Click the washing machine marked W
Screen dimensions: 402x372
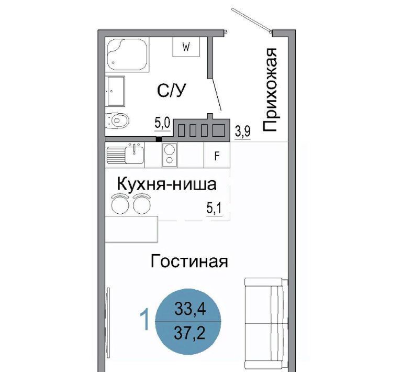(186, 47)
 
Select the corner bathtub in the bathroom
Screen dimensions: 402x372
(127, 54)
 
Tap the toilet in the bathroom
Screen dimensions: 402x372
(117, 121)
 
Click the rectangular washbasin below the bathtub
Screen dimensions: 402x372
(115, 91)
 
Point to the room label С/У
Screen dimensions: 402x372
(171, 90)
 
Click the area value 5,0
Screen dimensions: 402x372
(162, 124)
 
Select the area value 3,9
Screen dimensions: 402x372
(242, 132)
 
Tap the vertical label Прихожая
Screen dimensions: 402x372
(270, 90)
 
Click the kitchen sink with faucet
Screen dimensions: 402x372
(125, 155)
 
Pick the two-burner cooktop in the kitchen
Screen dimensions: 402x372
(169, 155)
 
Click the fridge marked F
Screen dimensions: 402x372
(217, 155)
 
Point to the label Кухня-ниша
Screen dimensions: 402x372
(166, 184)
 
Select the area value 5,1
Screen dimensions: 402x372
(214, 209)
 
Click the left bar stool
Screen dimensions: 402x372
(120, 203)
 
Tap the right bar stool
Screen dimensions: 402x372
(142, 203)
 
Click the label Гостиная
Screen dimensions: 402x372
(189, 261)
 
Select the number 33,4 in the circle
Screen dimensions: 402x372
(190, 309)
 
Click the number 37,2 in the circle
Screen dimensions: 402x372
(189, 333)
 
